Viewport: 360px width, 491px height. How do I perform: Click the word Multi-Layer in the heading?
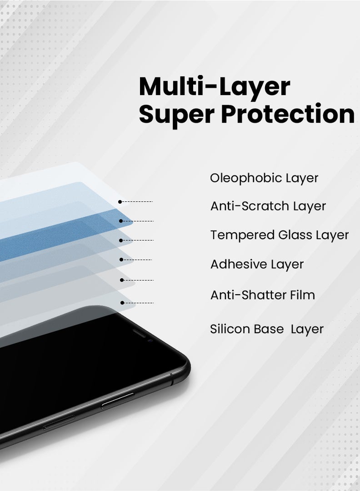[x=214, y=86]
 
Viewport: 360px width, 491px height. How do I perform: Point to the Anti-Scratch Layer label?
[x=268, y=206]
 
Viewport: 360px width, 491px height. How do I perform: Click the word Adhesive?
[x=239, y=264]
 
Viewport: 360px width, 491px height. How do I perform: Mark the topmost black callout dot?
[x=120, y=201]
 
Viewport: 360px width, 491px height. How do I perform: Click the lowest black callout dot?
[x=122, y=303]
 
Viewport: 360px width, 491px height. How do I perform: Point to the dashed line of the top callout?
[x=137, y=201]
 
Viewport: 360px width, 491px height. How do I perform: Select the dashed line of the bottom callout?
[x=139, y=303]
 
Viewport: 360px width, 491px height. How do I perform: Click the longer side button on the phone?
[x=118, y=400]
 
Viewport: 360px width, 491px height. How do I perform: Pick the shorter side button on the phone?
[x=59, y=421]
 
